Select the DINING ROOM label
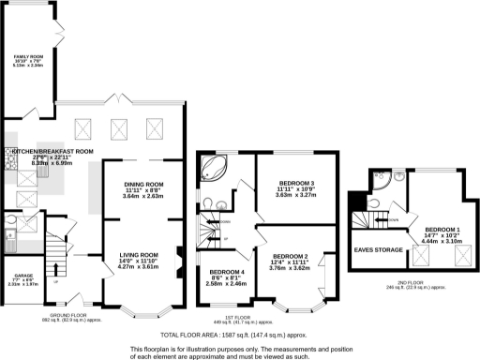[x=143, y=185]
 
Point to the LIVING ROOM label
[x=137, y=254]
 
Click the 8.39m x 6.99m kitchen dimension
[x=52, y=163]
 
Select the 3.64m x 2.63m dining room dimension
[x=143, y=197]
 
